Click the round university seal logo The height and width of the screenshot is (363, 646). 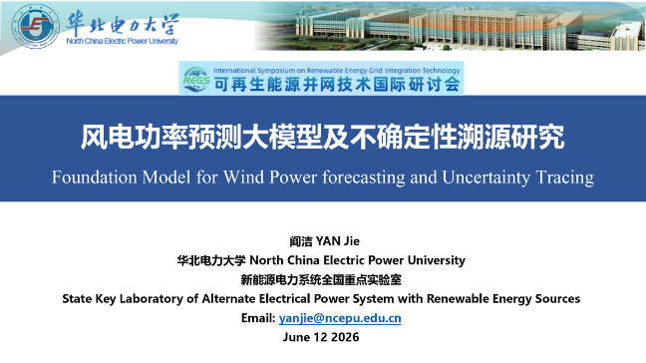pyautogui.click(x=36, y=26)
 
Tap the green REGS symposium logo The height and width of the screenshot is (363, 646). pyautogui.click(x=196, y=79)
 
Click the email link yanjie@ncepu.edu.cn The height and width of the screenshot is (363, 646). pyautogui.click(x=340, y=318)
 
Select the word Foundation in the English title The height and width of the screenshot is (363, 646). pyautogui.click(x=94, y=178)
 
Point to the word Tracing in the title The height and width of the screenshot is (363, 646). pyautogui.click(x=565, y=178)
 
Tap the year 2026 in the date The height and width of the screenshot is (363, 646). pyautogui.click(x=345, y=337)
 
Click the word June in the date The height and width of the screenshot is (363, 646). pyautogui.click(x=296, y=337)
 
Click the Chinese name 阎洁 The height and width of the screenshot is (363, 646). pyautogui.click(x=301, y=241)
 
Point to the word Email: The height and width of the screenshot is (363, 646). pyautogui.click(x=258, y=318)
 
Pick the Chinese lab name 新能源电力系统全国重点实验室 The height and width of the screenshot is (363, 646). pyautogui.click(x=321, y=280)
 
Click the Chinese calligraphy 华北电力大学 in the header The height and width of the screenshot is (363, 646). pyautogui.click(x=123, y=23)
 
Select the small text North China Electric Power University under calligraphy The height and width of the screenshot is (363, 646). pyautogui.click(x=123, y=41)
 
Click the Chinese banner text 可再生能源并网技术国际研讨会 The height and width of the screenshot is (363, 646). pyautogui.click(x=337, y=85)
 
